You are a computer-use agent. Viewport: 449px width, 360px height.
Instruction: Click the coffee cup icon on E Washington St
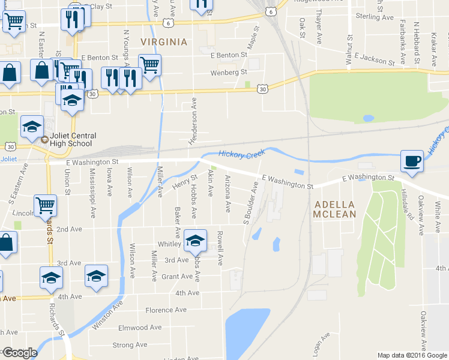pos(412,161)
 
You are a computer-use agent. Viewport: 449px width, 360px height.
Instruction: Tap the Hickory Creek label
pos(241,155)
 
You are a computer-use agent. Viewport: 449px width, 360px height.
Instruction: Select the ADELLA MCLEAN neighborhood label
pos(335,209)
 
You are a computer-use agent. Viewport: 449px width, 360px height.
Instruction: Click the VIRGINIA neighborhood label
pos(164,42)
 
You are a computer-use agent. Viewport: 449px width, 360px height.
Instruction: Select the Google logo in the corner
pos(20,353)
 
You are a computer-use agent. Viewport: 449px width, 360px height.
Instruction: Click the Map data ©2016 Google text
pos(413,355)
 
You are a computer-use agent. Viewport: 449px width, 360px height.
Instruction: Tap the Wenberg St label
pos(229,73)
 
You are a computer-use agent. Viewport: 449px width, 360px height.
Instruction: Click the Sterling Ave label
pos(375,17)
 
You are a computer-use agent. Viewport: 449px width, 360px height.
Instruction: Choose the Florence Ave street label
pos(166,310)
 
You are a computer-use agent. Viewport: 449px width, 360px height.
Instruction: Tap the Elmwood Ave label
pos(140,328)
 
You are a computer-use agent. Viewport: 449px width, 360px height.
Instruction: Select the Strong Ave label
pos(130,345)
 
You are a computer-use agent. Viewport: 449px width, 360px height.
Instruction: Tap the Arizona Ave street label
pos(227,193)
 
